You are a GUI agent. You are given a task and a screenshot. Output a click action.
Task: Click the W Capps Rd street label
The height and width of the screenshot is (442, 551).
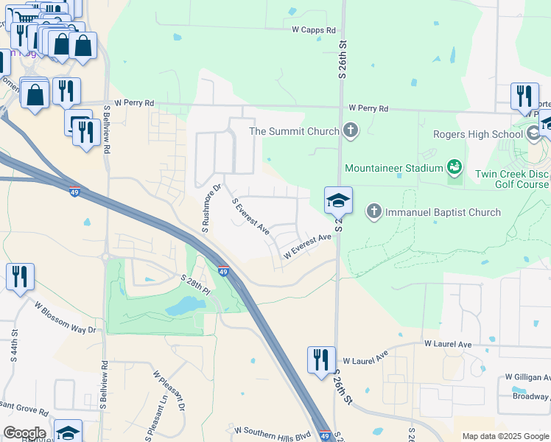coord(313,30)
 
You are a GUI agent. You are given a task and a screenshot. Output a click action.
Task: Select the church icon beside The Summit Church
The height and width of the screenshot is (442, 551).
coord(350,132)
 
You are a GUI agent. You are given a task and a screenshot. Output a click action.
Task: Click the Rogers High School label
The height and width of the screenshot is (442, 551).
coord(477,134)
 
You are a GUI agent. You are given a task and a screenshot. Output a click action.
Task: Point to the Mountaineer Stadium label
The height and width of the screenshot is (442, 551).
coord(393,168)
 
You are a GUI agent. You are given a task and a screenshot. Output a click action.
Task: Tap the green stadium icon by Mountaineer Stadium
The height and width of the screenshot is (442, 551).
coord(455,168)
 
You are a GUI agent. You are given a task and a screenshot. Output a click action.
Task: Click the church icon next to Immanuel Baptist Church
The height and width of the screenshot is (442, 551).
coord(374,212)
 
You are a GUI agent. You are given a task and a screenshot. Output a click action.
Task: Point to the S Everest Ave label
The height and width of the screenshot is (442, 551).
coord(250,217)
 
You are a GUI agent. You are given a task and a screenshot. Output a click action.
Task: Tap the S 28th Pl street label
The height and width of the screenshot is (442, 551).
coord(196,284)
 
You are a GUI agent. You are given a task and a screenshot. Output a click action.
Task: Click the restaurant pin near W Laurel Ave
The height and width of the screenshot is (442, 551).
coord(321,359)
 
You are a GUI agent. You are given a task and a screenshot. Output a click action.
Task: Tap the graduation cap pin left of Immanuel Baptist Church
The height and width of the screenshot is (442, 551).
coord(338,200)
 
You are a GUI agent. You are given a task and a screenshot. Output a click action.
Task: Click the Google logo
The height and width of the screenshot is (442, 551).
coord(24,433)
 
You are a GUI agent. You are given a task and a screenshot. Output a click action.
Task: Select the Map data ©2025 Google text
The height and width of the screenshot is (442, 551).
coord(505,436)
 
